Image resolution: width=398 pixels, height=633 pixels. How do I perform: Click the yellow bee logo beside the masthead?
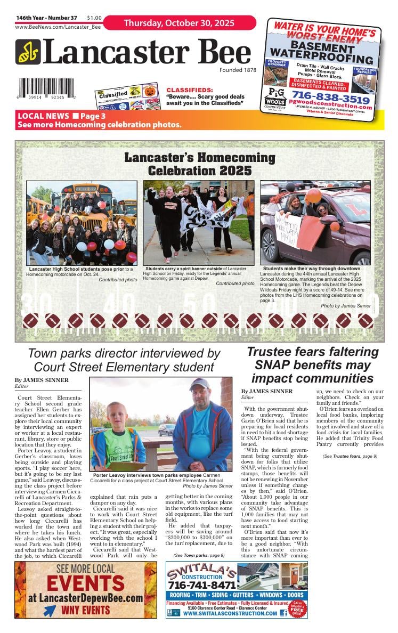pos(27,52)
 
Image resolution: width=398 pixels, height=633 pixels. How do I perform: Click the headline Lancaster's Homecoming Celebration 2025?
pos(199,164)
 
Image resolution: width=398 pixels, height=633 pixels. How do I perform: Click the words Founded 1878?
pos(238,70)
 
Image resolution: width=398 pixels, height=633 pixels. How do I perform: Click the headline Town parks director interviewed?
pos(124,360)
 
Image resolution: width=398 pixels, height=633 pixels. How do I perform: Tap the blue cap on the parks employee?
pos(200,384)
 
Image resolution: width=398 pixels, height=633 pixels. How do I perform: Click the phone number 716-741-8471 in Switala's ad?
pos(202,585)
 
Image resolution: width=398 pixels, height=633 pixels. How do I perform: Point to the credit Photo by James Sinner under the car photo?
pos(345,306)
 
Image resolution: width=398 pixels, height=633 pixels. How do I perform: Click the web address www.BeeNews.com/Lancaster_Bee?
pos(58,27)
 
